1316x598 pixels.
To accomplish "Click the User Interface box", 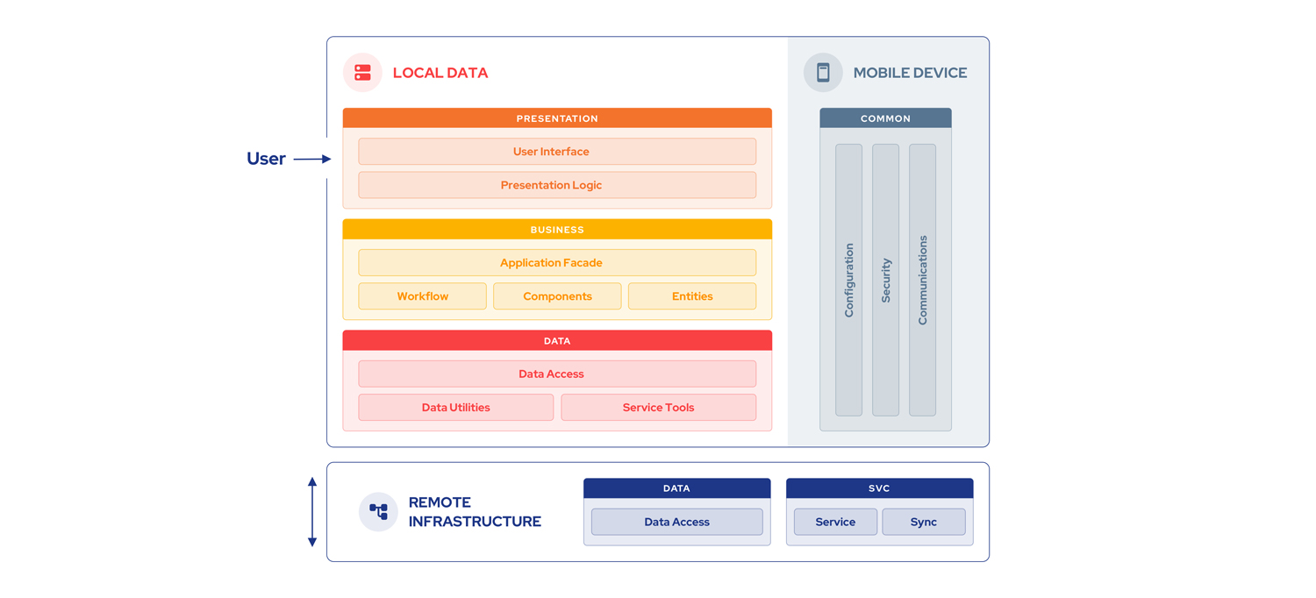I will [556, 152].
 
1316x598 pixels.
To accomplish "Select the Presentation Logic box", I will [556, 185].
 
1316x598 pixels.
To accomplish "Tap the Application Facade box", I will [556, 263].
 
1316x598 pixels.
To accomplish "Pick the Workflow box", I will [422, 296].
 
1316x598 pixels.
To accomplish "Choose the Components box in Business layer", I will [557, 296].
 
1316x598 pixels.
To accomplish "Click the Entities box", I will [691, 296].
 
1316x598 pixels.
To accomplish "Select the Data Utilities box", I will [455, 408].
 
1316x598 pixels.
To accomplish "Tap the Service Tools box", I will [658, 408].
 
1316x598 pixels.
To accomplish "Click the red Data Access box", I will [556, 374].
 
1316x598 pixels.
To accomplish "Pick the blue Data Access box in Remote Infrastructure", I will [676, 522].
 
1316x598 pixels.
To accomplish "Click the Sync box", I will [923, 522].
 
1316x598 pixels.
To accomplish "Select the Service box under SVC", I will [835, 522].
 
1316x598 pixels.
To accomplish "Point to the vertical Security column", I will [885, 281].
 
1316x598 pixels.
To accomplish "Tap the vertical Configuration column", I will [848, 281].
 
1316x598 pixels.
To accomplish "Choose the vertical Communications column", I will [922, 281].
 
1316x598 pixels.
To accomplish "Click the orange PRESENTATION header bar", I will [557, 118].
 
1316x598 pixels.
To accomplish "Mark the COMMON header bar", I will [885, 118].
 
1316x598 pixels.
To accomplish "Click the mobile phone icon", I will [823, 73].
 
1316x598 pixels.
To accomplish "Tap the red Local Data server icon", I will [362, 73].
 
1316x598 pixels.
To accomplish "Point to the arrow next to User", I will [312, 159].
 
